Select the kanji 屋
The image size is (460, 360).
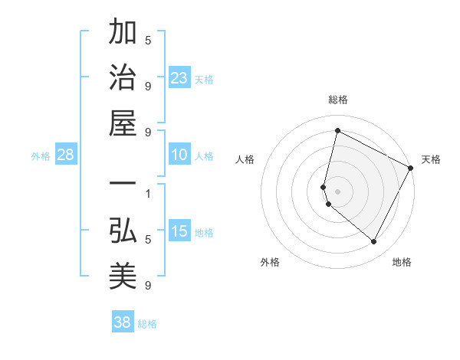(x=123, y=124)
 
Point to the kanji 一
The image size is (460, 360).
(x=123, y=185)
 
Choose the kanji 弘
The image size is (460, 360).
(x=123, y=231)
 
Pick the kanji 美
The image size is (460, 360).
(x=123, y=277)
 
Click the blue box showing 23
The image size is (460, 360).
(x=179, y=78)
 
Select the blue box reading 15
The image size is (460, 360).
(x=179, y=232)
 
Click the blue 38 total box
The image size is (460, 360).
(x=122, y=322)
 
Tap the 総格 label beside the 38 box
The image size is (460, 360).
(x=147, y=324)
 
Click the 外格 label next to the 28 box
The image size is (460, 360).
(x=41, y=156)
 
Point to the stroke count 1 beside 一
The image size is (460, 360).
(x=148, y=193)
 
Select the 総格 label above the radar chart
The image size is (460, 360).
(x=337, y=100)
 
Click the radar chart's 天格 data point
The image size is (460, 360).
(x=412, y=169)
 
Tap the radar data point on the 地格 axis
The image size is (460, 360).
(x=373, y=242)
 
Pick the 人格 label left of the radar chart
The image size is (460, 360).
(x=245, y=159)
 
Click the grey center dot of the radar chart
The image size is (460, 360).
(x=337, y=191)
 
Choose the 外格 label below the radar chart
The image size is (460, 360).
(x=270, y=262)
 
